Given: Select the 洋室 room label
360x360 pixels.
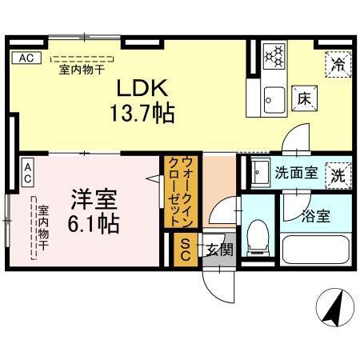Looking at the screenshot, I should pos(94,196).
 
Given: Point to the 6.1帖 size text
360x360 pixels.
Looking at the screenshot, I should pos(94,222).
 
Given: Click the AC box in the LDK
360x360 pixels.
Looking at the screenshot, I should pos(26,58).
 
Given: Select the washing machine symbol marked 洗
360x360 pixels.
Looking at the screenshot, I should pos(338,174).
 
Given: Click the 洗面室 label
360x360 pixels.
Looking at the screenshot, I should pos(297,171).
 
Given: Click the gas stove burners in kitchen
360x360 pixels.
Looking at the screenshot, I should pos(274,55).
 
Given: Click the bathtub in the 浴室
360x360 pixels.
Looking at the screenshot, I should pos(314,252).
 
